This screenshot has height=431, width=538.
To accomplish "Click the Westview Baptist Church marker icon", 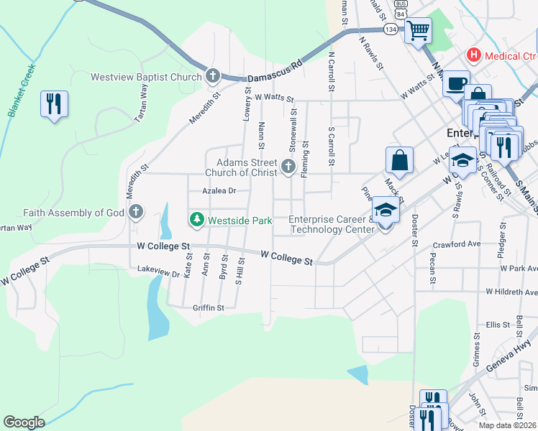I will coord(212,76).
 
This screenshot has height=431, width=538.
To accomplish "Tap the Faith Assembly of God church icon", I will coord(136,212).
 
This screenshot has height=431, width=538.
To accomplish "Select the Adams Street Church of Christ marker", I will coord(288,167).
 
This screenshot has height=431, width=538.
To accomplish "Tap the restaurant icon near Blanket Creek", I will coord(54,104).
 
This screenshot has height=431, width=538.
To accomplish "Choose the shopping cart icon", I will coord(417,31).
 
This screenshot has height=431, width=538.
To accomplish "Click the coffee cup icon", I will coord(455,83).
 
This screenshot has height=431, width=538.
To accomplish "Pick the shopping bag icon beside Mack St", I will coord(399,159).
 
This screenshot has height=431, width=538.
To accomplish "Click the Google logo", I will coord(24,422).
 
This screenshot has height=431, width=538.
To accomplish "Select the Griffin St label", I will coord(209,307).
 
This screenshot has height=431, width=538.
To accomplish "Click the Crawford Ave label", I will coord(461,244).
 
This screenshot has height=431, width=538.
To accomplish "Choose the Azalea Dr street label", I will coord(219,191).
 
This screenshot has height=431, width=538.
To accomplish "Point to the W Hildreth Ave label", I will coord(511,292).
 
